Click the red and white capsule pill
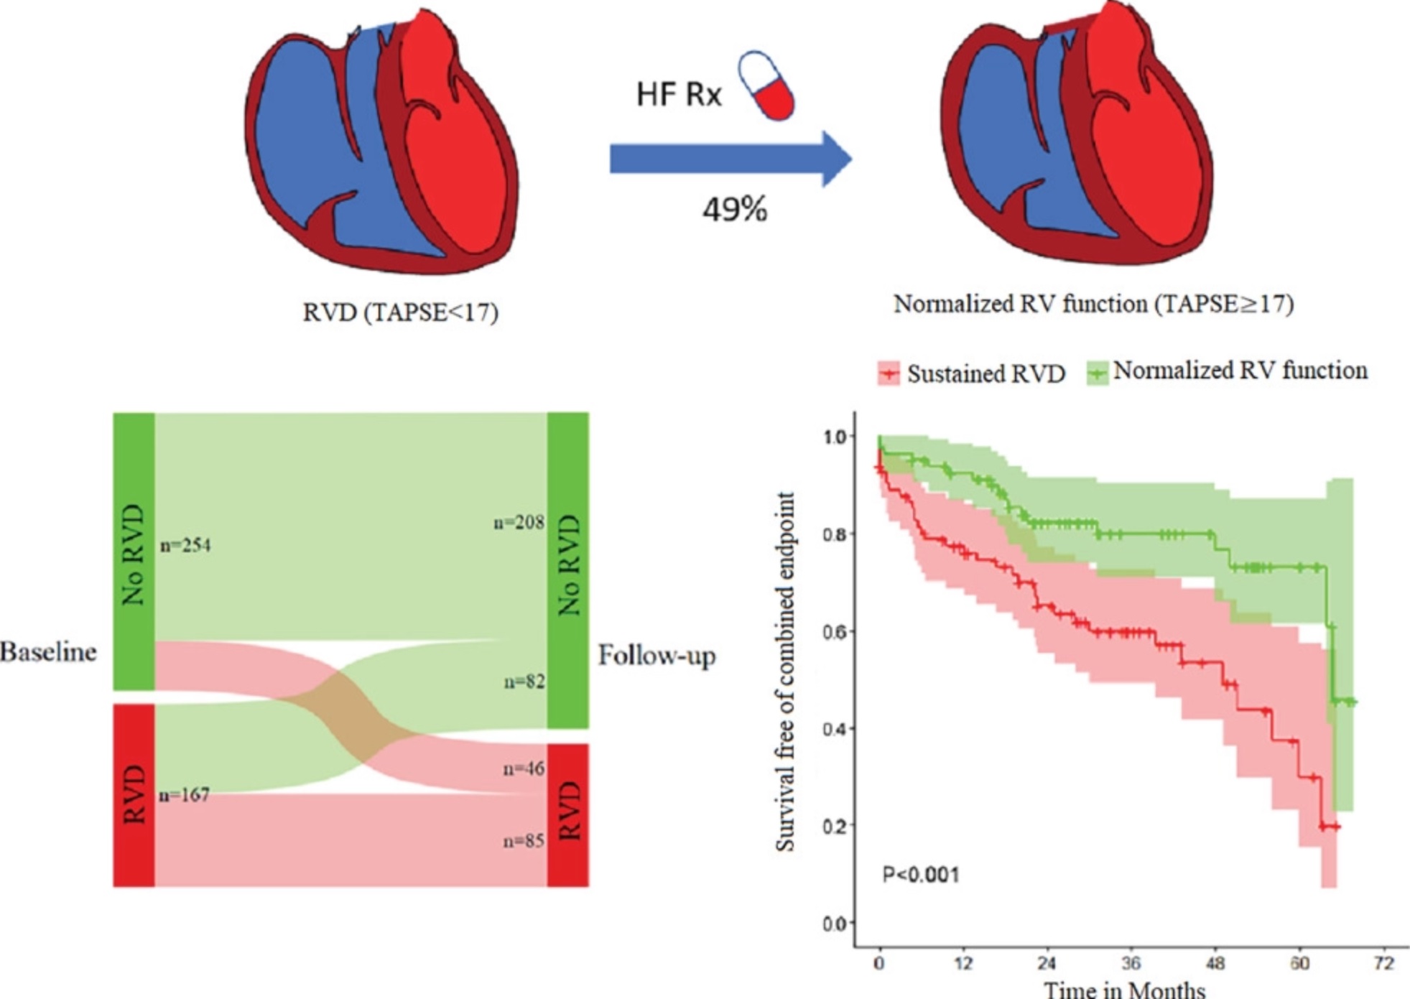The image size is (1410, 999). point(766,85)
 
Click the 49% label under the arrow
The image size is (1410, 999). point(735,210)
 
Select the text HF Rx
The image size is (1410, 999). point(679,94)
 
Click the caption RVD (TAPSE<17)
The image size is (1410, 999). point(400,312)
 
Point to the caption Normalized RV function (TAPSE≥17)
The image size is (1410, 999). point(1093,305)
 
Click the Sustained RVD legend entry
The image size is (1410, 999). point(973,373)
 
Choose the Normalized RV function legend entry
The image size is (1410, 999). point(1228,371)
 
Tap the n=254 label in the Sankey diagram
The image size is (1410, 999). point(185,545)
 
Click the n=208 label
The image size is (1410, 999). point(519,522)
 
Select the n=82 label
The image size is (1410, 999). point(524,681)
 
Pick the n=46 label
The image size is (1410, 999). point(524,768)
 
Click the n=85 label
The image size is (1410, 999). point(524,840)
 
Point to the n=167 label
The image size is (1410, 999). point(184,794)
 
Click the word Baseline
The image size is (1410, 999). point(48,652)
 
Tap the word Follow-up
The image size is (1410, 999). point(657,656)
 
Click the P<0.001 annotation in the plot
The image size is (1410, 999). point(920,875)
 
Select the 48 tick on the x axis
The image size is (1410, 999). point(1215,963)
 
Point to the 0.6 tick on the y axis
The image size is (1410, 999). point(836,631)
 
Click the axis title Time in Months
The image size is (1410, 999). point(1124,989)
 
